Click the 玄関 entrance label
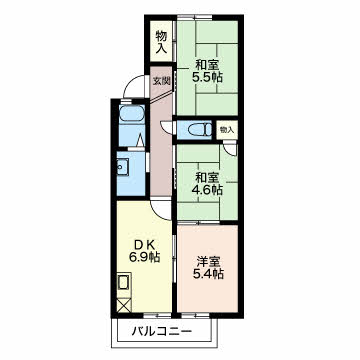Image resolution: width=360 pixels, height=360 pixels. pos(162,81)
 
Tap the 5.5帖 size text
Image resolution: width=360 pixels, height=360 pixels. pos(207,77)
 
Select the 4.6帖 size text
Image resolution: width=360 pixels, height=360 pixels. pos(207,190)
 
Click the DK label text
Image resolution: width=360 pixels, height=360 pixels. pos(144,244)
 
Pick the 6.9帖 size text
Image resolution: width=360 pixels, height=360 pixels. pos(144,257)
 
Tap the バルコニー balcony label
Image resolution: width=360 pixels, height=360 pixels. pos(162,331)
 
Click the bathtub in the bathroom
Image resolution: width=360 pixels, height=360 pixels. pos(132,113)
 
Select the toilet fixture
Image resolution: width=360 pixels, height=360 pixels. pos(199,129)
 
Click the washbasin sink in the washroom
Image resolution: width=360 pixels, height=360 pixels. pos(122,165)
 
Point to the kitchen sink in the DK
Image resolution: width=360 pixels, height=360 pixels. pos(124,283)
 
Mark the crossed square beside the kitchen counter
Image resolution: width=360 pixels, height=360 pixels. pos(124,305)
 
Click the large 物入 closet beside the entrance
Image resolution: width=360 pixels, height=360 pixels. pos(161,41)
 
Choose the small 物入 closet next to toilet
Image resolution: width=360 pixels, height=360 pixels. pos(227,130)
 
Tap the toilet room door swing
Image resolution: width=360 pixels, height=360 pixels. pos(166,128)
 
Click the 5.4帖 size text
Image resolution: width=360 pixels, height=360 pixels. pos(207,274)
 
